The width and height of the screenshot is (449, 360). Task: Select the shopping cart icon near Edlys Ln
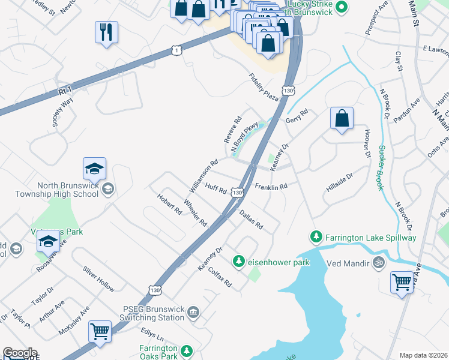(100, 331)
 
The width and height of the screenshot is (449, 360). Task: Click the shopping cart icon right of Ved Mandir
(402, 281)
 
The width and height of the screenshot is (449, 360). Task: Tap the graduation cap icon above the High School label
(94, 170)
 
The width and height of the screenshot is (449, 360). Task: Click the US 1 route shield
(176, 49)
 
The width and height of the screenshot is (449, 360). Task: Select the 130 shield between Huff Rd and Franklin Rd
(238, 192)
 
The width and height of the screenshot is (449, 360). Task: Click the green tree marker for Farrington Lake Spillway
(316, 238)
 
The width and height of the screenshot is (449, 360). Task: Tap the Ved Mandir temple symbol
(378, 262)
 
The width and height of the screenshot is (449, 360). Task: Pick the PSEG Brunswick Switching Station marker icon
(193, 311)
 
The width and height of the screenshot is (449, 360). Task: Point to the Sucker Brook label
(381, 167)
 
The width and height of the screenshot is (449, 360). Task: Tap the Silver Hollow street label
(98, 279)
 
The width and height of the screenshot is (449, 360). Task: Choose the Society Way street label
(62, 111)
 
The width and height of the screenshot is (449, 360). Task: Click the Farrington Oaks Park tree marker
(187, 350)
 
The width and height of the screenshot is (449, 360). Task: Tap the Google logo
(20, 353)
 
